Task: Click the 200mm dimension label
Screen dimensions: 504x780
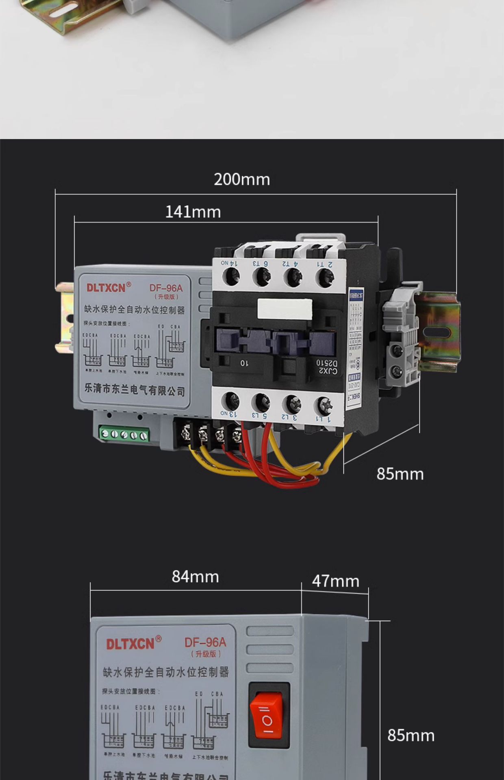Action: [x=242, y=180]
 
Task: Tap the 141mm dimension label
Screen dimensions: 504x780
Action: [x=193, y=212]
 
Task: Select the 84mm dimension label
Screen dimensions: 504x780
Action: [x=195, y=577]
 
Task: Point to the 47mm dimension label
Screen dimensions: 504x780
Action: [x=335, y=581]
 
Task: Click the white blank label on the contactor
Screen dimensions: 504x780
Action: [x=285, y=309]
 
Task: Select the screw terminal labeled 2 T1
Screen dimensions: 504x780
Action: [x=325, y=277]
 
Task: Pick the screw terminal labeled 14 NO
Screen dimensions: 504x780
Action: [x=230, y=277]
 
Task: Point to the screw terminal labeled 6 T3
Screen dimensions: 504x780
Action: [x=261, y=277]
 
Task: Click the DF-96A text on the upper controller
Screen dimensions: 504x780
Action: [x=166, y=288]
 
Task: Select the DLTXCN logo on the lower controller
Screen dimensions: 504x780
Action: [x=130, y=644]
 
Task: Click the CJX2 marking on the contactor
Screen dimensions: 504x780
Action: [x=328, y=370]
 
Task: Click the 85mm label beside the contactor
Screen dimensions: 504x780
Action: [x=400, y=474]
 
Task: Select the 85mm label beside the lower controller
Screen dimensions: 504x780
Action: [x=411, y=736]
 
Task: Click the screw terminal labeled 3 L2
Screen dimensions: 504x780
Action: [x=292, y=404]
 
